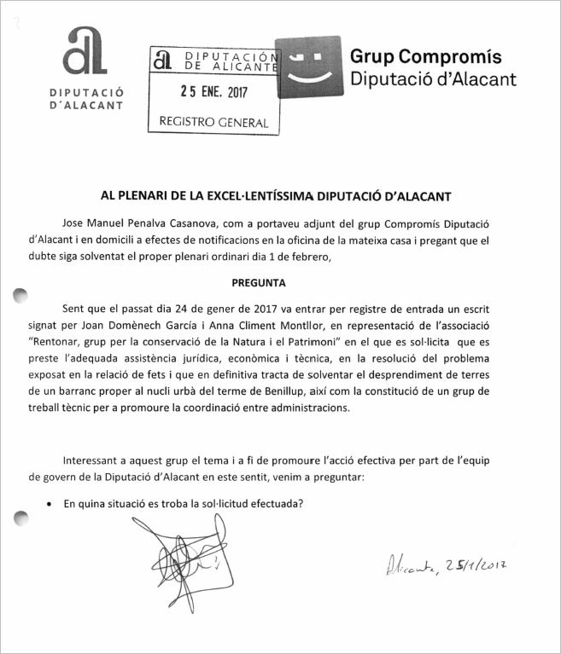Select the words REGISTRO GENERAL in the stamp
click(213, 122)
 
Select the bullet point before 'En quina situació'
click(52, 504)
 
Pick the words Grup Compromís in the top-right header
click(426, 56)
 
